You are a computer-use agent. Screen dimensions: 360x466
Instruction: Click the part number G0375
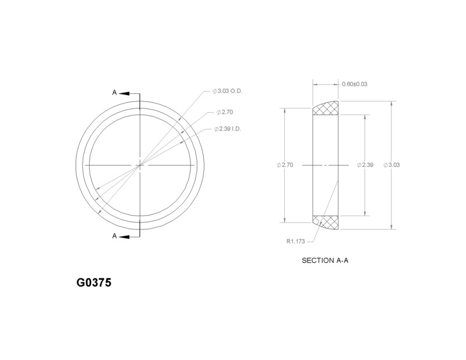coord(94,283)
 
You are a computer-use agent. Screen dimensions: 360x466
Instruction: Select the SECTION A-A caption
coord(325,260)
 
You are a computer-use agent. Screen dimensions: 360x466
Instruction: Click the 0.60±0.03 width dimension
coord(355,84)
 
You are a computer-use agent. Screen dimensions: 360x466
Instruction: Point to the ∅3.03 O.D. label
coord(227,92)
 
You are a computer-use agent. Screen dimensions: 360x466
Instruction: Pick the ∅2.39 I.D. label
coord(227,129)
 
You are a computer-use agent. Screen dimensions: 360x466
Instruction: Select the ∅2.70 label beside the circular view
coord(224,111)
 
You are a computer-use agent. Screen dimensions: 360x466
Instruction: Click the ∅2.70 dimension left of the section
coord(285,165)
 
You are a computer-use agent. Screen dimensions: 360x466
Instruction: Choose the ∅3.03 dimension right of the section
coord(391,165)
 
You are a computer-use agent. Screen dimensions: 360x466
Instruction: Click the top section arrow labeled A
coord(131,93)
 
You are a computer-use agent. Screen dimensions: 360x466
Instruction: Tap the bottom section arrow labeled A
coord(131,236)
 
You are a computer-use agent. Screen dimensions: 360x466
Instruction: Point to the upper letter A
coord(115,93)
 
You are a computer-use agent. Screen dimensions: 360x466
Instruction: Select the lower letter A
coord(115,236)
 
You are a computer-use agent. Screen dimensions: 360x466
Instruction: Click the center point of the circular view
coord(140,165)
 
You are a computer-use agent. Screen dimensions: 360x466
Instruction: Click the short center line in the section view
coord(326,165)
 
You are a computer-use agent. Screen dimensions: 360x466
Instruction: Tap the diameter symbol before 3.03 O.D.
coord(215,92)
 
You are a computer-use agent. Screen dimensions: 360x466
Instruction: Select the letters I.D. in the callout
coord(236,129)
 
